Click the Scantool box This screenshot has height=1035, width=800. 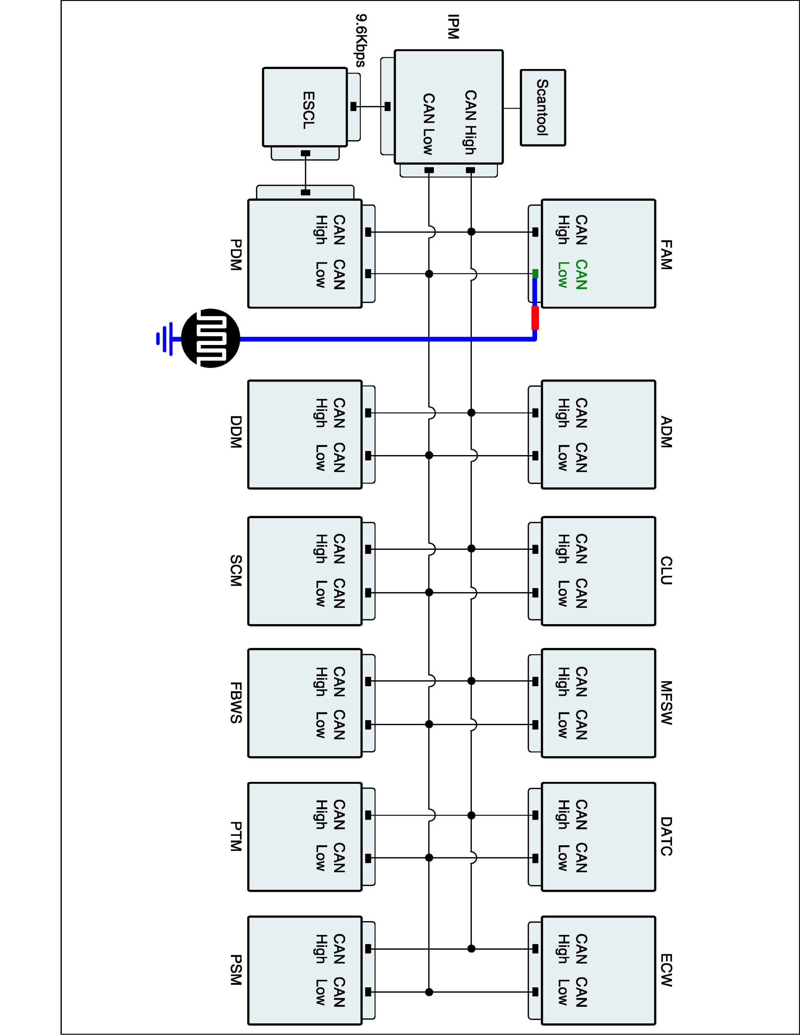[543, 108]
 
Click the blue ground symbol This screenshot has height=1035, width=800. [165, 338]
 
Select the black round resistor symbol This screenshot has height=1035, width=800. [211, 338]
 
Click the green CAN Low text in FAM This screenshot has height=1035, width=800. [572, 274]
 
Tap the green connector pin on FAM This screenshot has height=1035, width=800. [535, 274]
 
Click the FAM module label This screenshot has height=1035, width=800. [666, 255]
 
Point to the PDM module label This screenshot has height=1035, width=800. [235, 255]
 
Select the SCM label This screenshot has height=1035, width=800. [235, 571]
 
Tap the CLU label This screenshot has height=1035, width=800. [666, 571]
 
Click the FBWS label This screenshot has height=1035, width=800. [235, 702]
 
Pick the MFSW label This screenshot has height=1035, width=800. [666, 702]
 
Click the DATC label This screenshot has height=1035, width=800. [666, 836]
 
